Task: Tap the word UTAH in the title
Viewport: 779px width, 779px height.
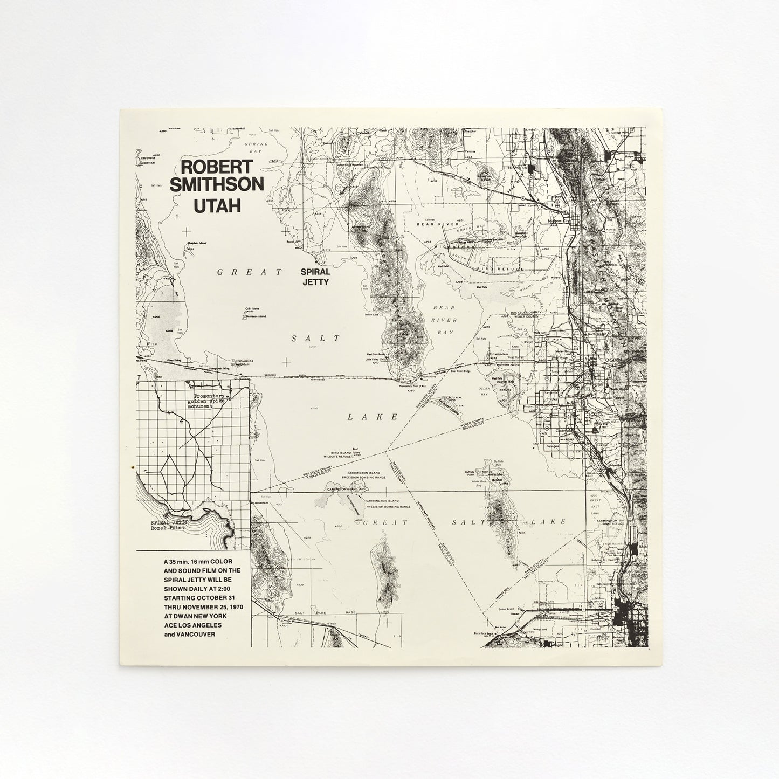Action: coord(217,205)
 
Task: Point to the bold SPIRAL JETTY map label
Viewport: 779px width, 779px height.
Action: coord(315,277)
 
